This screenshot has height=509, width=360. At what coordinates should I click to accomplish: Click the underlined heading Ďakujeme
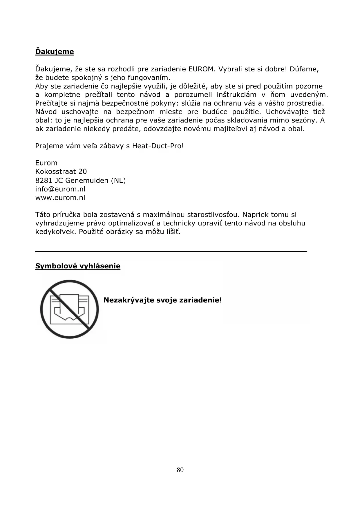tap(55, 52)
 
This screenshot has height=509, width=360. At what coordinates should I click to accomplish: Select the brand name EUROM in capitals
tap(201, 69)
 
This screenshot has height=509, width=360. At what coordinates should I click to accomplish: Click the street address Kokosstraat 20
tap(61, 172)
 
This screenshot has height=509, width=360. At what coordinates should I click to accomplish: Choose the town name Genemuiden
tap(87, 181)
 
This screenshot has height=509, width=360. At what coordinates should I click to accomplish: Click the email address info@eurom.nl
tap(60, 189)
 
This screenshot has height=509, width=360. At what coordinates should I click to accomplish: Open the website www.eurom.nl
tap(60, 198)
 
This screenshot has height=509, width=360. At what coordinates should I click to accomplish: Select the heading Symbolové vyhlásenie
tap(78, 266)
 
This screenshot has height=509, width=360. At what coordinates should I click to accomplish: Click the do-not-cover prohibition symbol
tap(70, 309)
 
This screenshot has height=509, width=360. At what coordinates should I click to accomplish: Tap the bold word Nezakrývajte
tap(129, 300)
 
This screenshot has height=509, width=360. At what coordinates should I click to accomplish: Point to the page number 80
tap(180, 470)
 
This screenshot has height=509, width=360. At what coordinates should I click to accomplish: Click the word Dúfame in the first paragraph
tap(304, 69)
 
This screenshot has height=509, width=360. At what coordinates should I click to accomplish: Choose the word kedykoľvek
tap(56, 232)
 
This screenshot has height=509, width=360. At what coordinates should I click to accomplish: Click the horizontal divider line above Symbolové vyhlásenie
tap(171, 251)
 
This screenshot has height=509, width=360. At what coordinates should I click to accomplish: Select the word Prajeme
tap(47, 146)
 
